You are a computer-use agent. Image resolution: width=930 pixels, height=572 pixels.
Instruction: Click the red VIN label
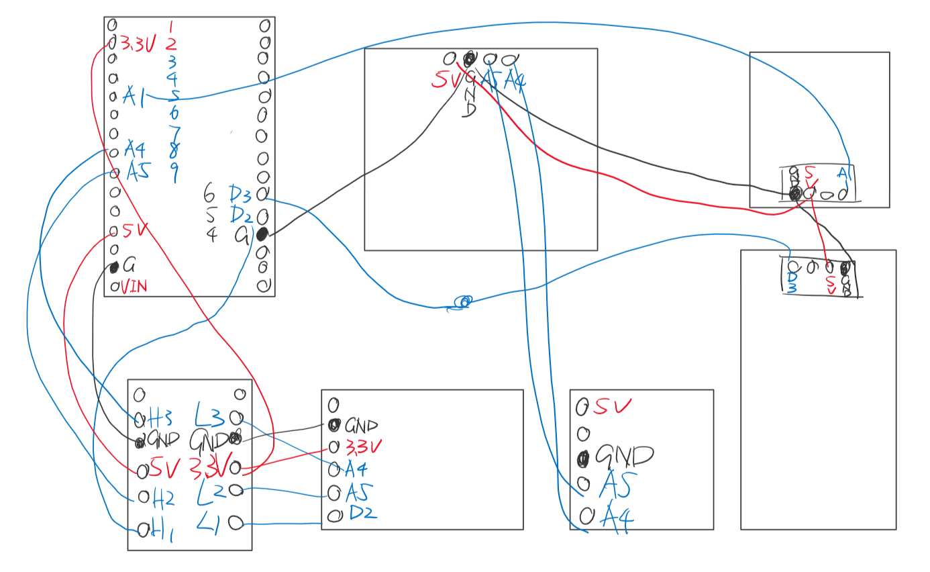click(x=134, y=287)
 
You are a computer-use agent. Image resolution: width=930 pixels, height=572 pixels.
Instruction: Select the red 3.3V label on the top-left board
click(x=138, y=45)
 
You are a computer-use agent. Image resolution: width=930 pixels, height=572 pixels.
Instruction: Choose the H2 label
click(x=164, y=497)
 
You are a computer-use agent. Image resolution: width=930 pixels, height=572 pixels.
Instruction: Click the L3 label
click(x=210, y=414)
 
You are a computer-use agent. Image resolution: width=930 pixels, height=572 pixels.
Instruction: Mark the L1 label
click(x=211, y=522)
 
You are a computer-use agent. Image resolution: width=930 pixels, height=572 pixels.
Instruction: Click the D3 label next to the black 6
click(x=240, y=195)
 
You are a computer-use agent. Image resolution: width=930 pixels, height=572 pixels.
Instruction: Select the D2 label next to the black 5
click(x=240, y=216)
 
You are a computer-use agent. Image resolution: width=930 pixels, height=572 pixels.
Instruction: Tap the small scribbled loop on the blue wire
click(x=463, y=302)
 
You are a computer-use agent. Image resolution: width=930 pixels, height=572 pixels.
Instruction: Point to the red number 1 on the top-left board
click(x=172, y=27)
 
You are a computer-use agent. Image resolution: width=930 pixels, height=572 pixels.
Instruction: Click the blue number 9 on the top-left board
click(x=174, y=174)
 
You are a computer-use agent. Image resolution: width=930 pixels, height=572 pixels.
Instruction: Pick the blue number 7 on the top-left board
click(x=174, y=130)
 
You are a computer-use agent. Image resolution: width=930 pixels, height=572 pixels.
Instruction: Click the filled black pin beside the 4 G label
click(x=262, y=234)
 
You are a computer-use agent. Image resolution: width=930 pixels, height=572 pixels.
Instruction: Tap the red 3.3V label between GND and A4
click(x=363, y=446)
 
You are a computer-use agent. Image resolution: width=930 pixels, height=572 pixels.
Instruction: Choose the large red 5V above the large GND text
click(x=613, y=406)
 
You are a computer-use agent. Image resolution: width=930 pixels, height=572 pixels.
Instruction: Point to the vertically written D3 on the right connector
click(x=792, y=282)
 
